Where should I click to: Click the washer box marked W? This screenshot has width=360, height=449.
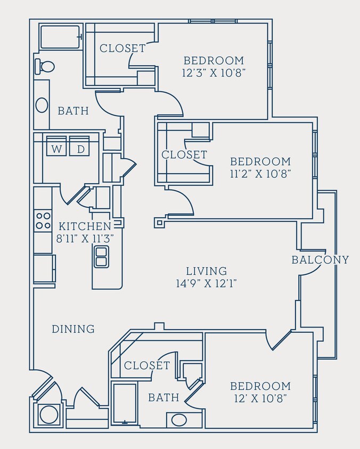(x=56, y=149)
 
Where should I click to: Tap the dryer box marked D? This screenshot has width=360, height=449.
(x=80, y=149)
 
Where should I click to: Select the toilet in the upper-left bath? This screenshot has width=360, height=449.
(x=45, y=67)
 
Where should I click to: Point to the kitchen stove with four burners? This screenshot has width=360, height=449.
(x=43, y=221)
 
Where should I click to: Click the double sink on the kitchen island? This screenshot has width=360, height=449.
(x=101, y=256)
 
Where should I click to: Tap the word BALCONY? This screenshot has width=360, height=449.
(x=320, y=260)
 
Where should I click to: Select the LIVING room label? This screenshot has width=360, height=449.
(x=207, y=271)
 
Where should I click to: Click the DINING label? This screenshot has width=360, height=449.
(x=73, y=329)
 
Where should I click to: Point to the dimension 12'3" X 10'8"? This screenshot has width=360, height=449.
(x=214, y=72)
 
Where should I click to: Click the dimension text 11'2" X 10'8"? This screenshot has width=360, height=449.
(x=260, y=173)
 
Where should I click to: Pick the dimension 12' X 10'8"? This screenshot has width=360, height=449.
(x=260, y=398)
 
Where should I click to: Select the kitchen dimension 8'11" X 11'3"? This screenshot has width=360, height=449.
(x=85, y=238)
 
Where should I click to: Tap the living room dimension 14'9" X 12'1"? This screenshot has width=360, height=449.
(x=207, y=283)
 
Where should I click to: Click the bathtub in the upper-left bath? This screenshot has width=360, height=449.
(x=60, y=37)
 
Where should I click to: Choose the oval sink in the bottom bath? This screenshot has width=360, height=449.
(x=179, y=420)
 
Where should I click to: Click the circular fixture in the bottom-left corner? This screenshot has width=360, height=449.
(x=48, y=415)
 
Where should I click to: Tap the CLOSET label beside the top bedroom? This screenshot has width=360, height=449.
(x=122, y=48)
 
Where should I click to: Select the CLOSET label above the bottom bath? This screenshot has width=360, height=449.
(x=146, y=365)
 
